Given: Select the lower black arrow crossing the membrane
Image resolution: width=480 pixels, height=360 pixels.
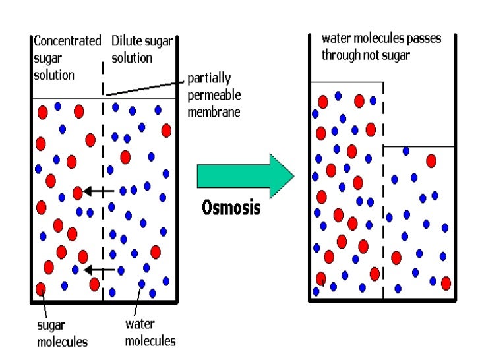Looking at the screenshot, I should (100, 268).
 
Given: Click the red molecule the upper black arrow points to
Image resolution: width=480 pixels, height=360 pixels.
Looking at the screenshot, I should (78, 193).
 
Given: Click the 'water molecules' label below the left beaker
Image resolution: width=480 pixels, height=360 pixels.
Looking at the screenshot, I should (150, 332).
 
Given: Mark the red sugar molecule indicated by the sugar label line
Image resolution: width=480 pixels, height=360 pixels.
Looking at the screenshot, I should (41, 288).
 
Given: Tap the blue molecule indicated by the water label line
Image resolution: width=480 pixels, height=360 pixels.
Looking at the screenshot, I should (142, 284).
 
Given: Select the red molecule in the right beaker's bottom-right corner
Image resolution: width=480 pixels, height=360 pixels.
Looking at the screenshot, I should (446, 283).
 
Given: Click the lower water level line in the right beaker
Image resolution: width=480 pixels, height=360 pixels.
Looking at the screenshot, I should (419, 146).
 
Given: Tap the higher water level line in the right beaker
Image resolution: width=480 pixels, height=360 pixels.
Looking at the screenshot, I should (346, 82).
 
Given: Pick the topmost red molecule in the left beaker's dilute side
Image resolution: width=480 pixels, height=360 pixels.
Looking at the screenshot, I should (166, 130).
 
